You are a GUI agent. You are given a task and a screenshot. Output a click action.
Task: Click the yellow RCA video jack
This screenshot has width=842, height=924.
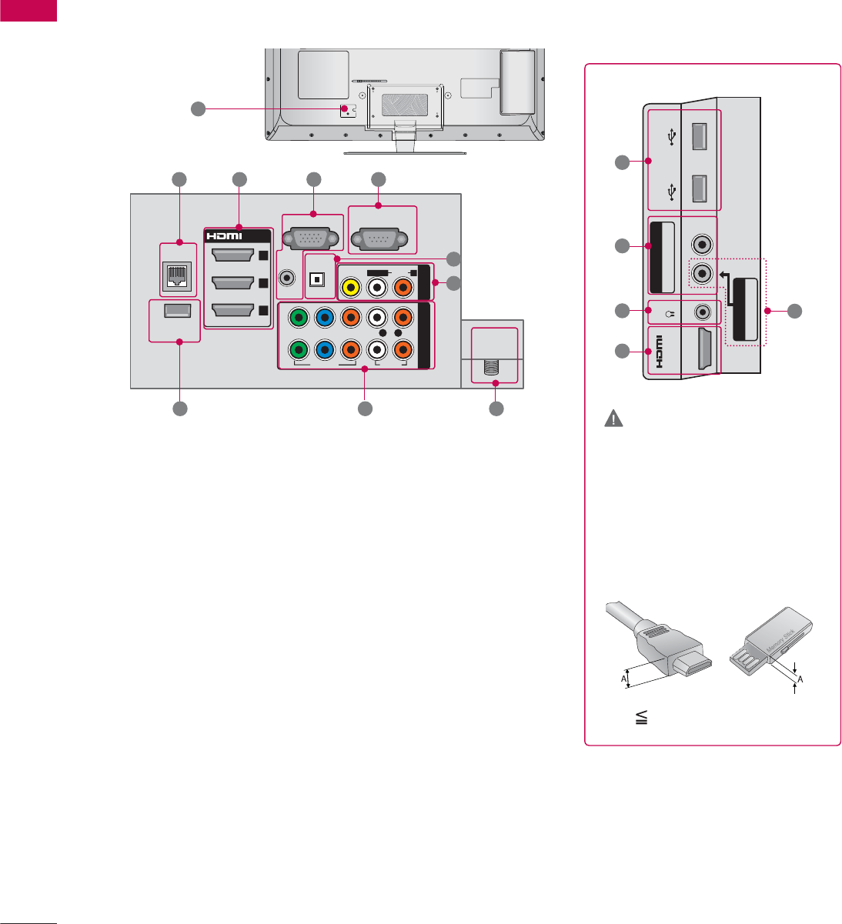tap(351, 287)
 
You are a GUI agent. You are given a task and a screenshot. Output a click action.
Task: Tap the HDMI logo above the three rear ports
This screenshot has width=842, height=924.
tap(222, 235)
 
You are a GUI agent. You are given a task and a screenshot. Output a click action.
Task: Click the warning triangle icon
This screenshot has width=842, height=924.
tap(614, 419)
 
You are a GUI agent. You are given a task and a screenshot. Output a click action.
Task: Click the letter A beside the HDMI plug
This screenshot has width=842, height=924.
tap(625, 678)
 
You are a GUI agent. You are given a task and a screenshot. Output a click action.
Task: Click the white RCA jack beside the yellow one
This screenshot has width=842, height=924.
tap(377, 287)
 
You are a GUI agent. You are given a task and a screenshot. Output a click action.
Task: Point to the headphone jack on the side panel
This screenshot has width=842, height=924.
tap(701, 312)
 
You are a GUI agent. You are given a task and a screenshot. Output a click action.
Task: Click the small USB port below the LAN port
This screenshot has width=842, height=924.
tap(178, 313)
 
